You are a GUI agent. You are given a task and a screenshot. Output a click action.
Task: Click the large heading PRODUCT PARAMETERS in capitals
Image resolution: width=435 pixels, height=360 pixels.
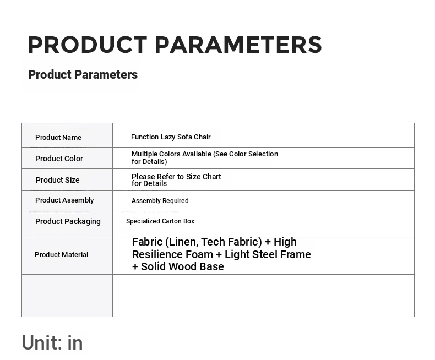tap(175, 45)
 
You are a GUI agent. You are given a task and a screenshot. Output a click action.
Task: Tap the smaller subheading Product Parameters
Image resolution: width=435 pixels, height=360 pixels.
tap(83, 75)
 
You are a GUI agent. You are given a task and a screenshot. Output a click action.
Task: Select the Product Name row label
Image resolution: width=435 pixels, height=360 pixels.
tap(58, 137)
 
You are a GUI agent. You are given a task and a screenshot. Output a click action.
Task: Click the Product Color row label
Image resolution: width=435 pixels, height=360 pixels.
tap(59, 159)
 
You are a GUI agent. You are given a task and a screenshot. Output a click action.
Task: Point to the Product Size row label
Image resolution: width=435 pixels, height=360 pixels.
tap(58, 180)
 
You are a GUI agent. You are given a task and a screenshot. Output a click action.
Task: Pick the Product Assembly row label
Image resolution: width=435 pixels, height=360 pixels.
tap(64, 200)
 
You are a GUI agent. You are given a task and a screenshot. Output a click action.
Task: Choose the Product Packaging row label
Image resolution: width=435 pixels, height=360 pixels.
tap(68, 222)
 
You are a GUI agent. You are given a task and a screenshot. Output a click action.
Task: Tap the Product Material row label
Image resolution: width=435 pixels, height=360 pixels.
tap(61, 255)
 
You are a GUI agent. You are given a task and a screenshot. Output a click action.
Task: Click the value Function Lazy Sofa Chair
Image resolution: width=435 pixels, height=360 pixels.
tap(171, 137)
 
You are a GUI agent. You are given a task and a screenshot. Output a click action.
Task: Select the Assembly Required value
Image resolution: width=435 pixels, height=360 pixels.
tap(160, 201)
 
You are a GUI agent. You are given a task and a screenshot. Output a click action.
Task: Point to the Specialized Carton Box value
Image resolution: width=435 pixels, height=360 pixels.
tap(160, 221)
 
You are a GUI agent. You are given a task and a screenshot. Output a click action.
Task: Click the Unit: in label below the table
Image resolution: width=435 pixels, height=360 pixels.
tap(52, 343)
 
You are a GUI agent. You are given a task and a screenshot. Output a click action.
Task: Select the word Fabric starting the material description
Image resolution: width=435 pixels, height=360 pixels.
tap(148, 242)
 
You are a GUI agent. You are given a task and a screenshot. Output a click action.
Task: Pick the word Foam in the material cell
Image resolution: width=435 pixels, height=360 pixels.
tap(202, 254)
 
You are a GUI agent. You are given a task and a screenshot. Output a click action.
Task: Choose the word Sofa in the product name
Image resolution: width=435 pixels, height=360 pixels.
tap(184, 137)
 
